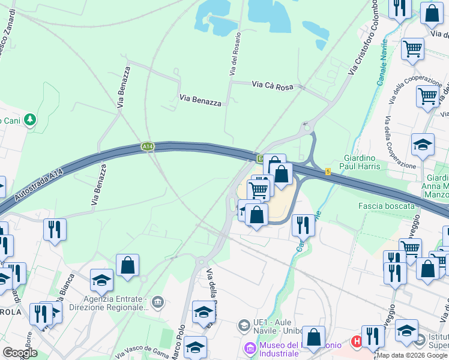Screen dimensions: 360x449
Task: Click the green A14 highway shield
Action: [148, 146]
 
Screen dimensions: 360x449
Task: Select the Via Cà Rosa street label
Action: [273, 86]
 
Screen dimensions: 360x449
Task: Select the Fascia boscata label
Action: [386, 206]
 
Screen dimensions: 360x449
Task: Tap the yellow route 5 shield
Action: [328, 172]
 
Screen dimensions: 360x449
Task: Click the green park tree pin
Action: [29, 120]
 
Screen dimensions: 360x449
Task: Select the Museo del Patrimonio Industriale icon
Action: [250, 347]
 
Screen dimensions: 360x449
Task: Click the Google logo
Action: [20, 353]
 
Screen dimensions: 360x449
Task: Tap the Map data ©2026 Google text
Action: [412, 355]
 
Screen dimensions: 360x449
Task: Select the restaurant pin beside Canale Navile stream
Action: [303, 225]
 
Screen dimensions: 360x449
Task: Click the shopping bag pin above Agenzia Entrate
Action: [127, 265]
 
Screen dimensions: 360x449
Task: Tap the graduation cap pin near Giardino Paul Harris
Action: [423, 145]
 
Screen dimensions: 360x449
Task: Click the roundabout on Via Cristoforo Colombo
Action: [307, 127]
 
